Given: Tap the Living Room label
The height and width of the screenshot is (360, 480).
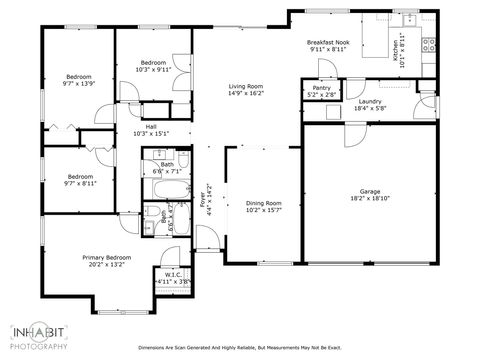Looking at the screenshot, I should (245, 87).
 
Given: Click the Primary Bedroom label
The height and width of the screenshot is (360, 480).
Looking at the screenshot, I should (106, 257).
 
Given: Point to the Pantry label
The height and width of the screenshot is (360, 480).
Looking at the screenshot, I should (321, 88).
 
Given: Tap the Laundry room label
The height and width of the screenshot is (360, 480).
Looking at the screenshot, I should (371, 102).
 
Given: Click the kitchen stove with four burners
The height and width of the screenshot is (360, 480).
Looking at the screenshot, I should (431, 43).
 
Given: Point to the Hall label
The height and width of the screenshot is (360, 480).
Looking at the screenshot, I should (151, 127).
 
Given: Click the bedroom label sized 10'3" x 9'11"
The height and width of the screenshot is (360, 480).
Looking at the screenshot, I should (153, 62).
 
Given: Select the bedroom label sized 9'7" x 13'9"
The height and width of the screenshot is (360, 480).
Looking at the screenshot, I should (79, 77).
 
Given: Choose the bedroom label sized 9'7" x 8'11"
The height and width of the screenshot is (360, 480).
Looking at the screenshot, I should (79, 177).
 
